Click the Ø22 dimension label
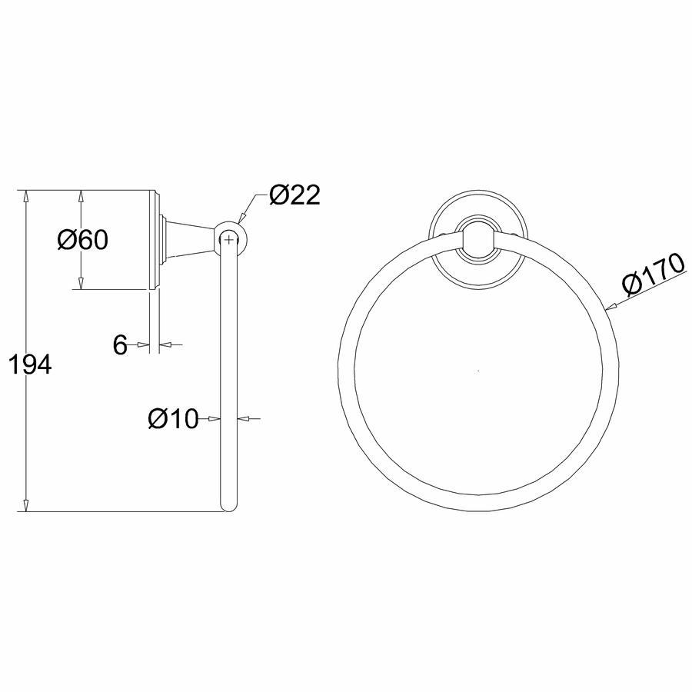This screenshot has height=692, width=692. tap(294, 195)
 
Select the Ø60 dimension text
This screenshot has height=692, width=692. tap(82, 240)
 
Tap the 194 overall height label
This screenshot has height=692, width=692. tap(30, 364)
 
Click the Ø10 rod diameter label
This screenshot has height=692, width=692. tap(174, 418)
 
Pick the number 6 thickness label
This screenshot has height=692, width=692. tap(120, 344)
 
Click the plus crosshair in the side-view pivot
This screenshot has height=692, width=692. tap(228, 240)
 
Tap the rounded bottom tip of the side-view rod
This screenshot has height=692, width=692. tap(228, 507)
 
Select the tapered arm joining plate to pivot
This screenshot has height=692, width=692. tap(191, 239)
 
